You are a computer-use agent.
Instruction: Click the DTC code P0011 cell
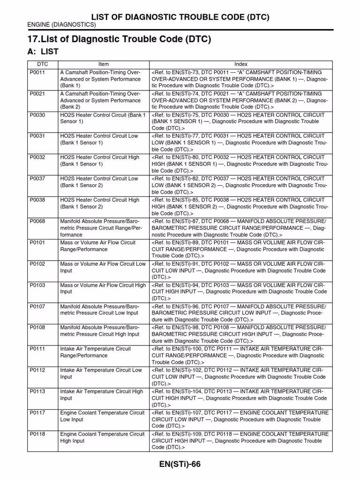coord(37,73)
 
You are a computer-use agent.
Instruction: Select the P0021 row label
coord(37,94)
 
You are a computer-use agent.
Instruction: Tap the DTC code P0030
coord(37,115)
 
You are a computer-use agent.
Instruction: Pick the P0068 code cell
coord(37,221)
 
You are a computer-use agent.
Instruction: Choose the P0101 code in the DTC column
coord(37,242)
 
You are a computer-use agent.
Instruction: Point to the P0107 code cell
coord(37,306)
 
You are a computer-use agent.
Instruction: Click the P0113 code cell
coord(37,391)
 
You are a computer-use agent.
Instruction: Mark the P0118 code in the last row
coord(37,434)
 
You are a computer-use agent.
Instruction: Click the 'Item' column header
coord(104,64)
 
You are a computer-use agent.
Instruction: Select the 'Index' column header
coord(241,64)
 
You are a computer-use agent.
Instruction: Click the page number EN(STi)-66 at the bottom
coord(180,464)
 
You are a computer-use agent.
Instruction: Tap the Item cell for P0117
coord(103,416)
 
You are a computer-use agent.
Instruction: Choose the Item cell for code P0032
coord(100,161)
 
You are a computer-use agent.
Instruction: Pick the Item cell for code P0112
coord(101,374)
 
